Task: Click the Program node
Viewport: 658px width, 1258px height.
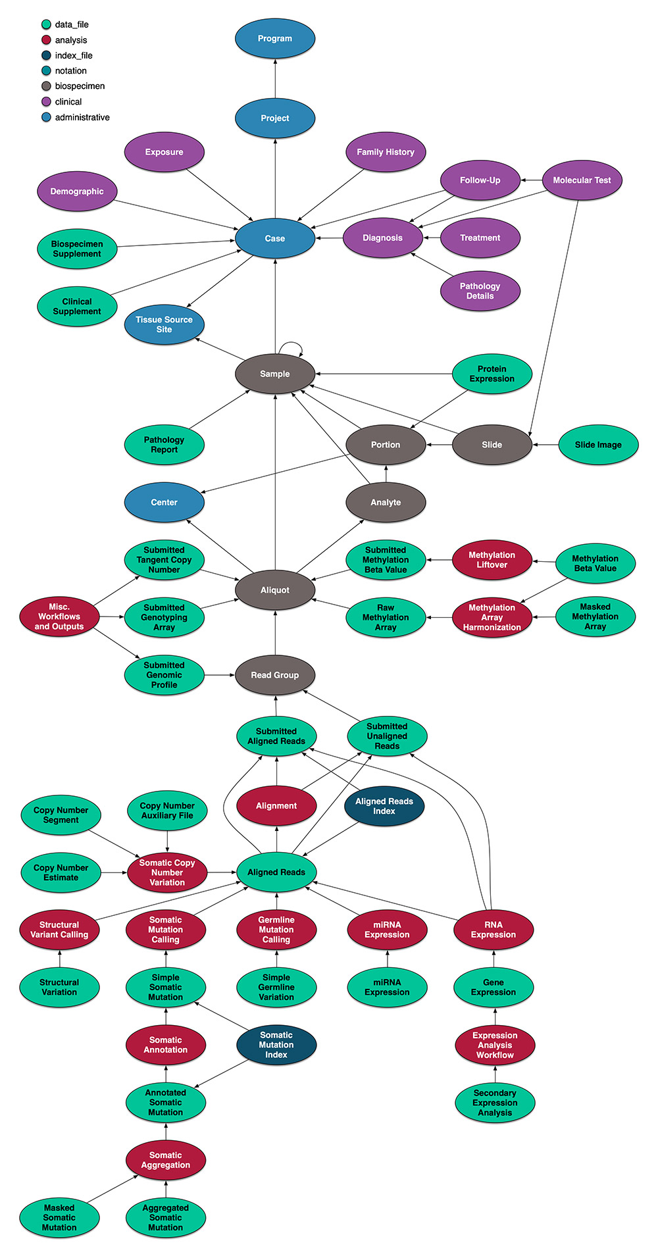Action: click(x=275, y=39)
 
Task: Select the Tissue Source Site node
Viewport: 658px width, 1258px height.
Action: click(x=164, y=324)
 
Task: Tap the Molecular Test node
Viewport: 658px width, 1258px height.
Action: click(x=582, y=180)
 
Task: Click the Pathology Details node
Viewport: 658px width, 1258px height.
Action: click(x=480, y=291)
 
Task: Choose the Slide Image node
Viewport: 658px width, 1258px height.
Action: click(x=598, y=445)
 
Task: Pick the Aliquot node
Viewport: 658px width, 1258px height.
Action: click(x=275, y=590)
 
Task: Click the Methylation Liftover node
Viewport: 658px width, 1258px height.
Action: click(x=492, y=560)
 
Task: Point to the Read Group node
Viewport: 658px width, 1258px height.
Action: click(x=275, y=675)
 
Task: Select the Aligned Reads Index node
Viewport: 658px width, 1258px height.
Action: click(x=384, y=806)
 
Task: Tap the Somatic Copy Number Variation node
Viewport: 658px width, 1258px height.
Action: click(x=167, y=872)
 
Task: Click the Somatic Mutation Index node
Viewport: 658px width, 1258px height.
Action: click(x=276, y=1045)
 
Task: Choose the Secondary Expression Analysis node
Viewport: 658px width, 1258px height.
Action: click(x=495, y=1103)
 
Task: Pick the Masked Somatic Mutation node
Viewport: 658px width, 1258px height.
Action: click(x=59, y=1218)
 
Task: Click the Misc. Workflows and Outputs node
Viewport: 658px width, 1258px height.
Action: click(x=59, y=616)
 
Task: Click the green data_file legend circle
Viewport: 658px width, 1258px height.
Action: click(x=46, y=24)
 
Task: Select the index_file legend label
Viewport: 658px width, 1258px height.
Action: click(x=74, y=55)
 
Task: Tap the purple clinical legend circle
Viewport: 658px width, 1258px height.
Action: click(x=46, y=102)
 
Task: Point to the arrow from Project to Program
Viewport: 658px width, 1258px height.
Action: click(x=275, y=78)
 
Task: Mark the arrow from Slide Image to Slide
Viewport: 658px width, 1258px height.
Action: click(x=545, y=445)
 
